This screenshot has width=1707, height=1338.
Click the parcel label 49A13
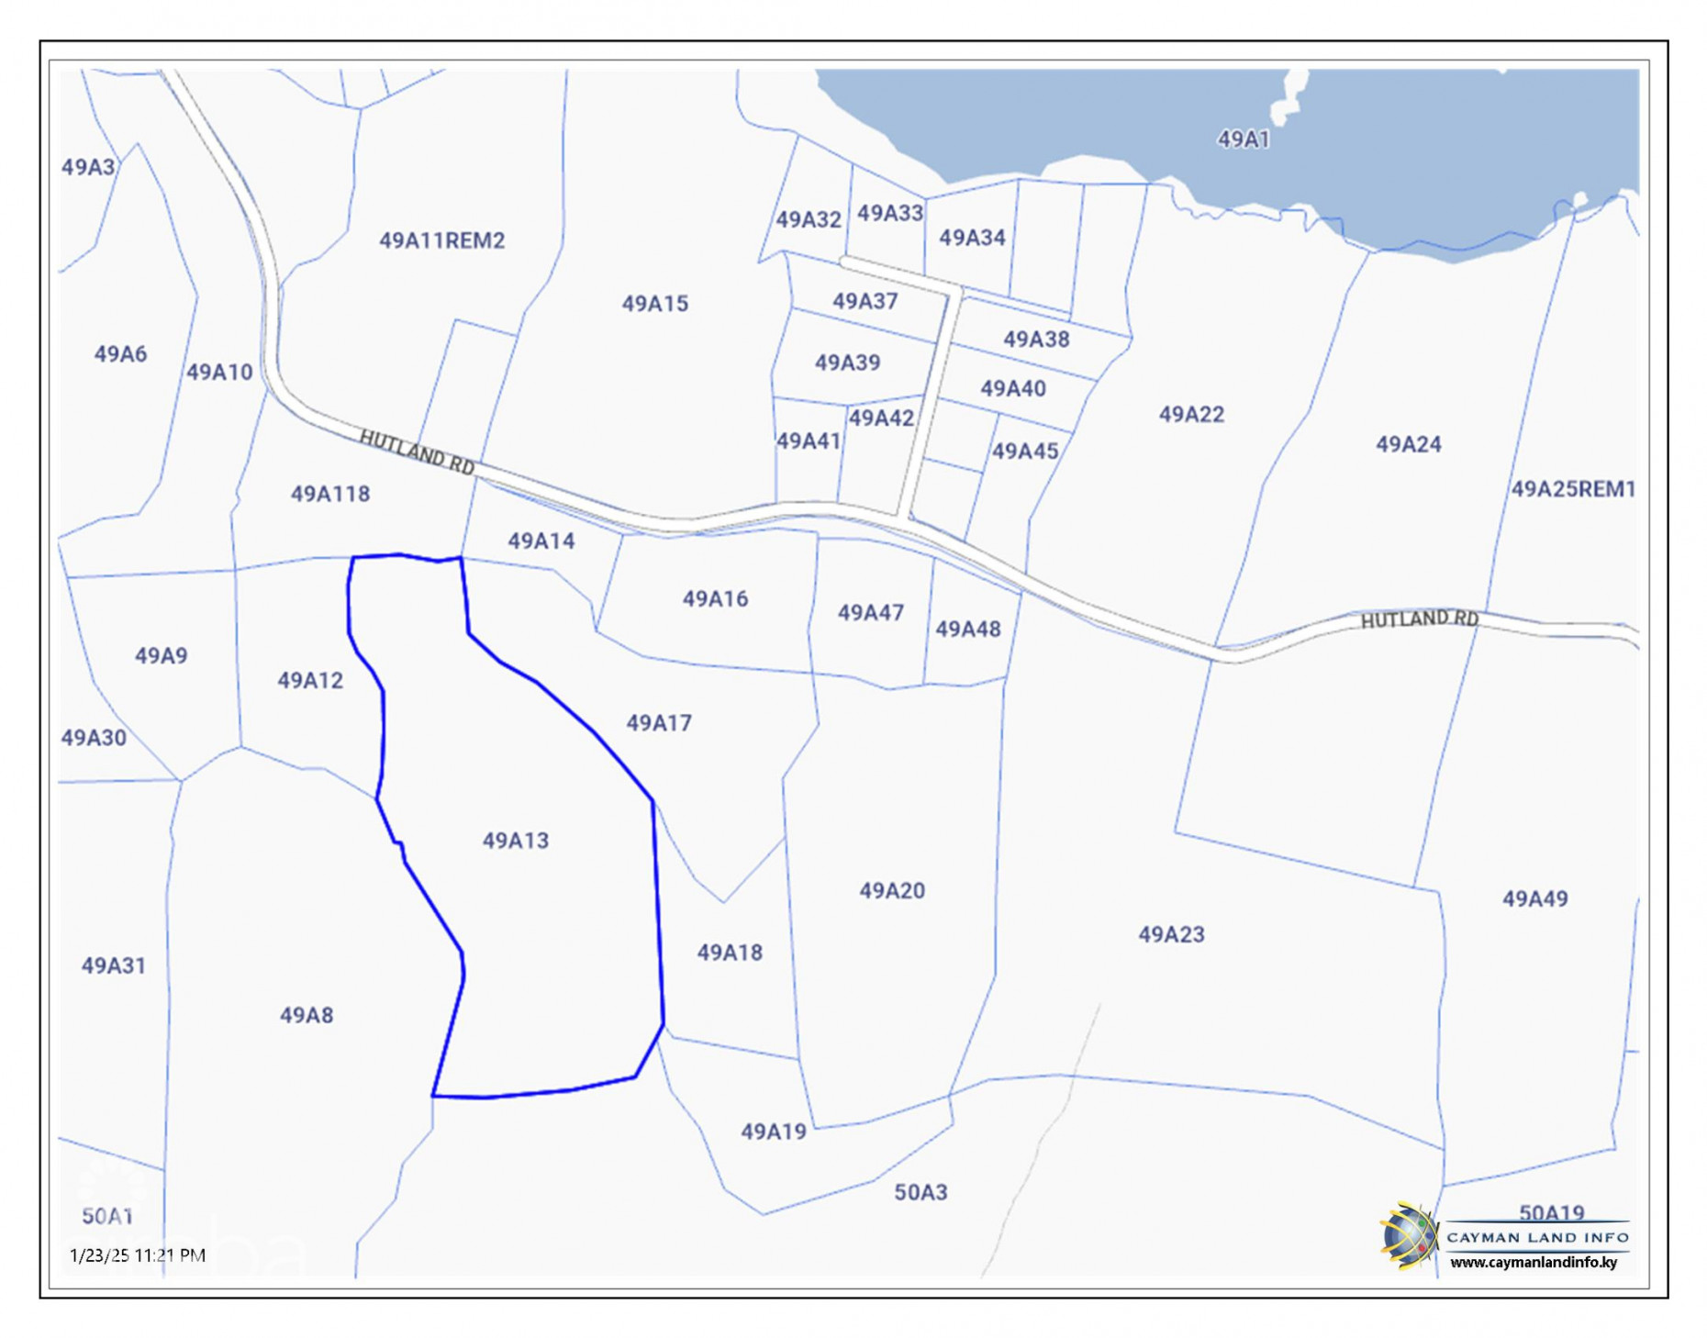[515, 840]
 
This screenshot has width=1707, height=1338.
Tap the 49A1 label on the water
[1243, 139]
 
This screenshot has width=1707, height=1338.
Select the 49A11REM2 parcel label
[441, 240]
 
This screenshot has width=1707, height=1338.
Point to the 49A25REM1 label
[1572, 489]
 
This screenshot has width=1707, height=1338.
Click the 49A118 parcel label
[329, 494]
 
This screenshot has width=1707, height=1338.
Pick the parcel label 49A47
[870, 612]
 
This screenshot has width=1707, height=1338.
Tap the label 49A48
[967, 629]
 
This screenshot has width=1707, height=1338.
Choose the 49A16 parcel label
[714, 599]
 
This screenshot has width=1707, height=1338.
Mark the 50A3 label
[920, 1192]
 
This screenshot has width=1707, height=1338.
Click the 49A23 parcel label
[1170, 934]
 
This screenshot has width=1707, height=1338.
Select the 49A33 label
[889, 213]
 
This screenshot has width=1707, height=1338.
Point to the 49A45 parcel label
[1024, 451]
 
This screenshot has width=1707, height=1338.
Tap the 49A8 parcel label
[306, 1015]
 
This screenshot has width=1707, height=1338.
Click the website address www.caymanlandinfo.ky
[1533, 1262]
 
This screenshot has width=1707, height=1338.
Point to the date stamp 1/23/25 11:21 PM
[138, 1254]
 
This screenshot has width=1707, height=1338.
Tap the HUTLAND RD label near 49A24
[1418, 619]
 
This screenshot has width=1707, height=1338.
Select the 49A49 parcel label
[1534, 898]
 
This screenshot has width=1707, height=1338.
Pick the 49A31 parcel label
[113, 965]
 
